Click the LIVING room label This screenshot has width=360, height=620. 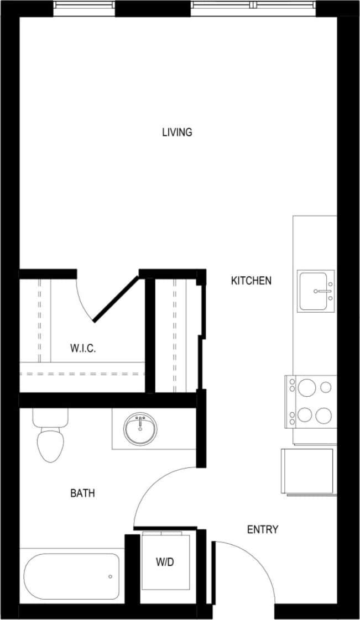177,132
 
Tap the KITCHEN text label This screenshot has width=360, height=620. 251,281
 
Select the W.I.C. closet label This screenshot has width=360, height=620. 83,348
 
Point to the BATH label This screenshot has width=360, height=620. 82,493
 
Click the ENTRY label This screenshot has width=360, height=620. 262,529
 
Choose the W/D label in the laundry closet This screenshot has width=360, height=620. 164,562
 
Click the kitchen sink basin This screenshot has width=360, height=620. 316,291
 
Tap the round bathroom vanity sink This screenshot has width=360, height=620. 140,428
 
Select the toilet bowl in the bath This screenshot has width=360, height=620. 49,446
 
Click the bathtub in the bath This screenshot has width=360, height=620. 71,576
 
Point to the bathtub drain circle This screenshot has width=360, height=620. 110,576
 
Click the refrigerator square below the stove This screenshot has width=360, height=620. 307,471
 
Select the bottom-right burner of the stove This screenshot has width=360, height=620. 326,415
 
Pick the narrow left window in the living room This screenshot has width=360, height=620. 84,5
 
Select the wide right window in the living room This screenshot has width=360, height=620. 254,5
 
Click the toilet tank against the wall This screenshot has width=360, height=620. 50,417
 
